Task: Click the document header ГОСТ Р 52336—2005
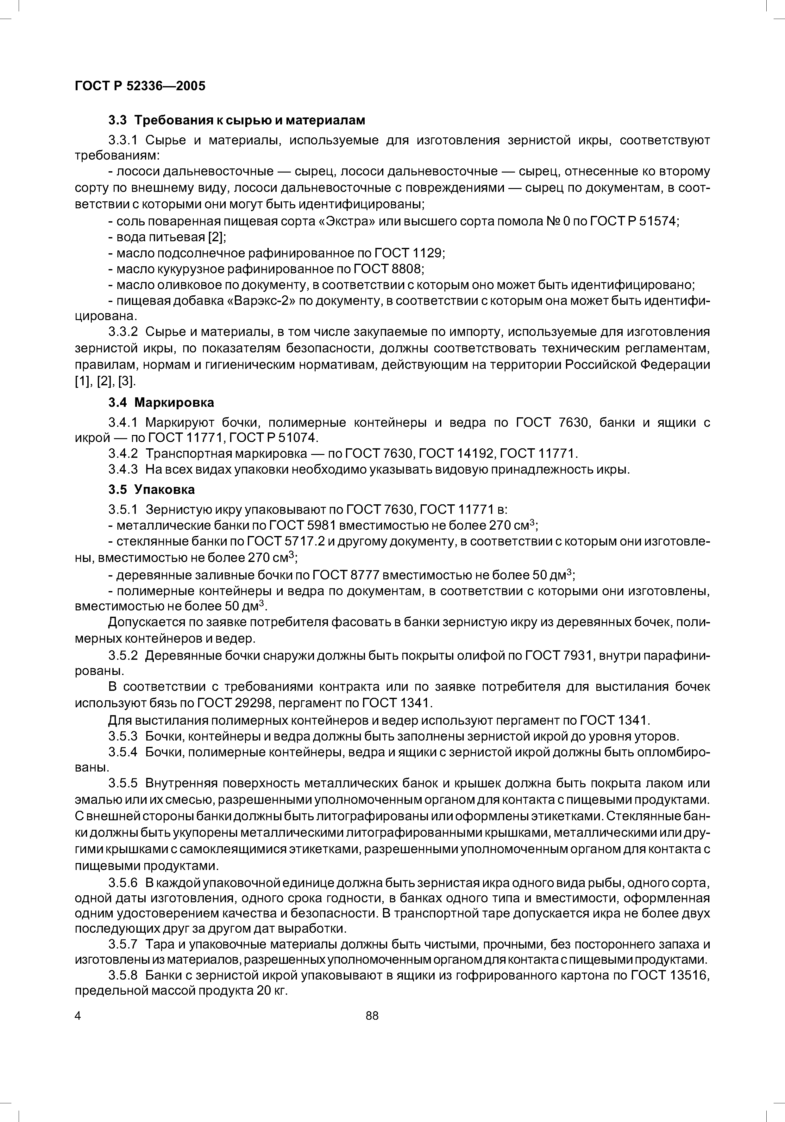140,86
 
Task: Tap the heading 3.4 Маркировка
161,403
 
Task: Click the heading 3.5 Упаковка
151,489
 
